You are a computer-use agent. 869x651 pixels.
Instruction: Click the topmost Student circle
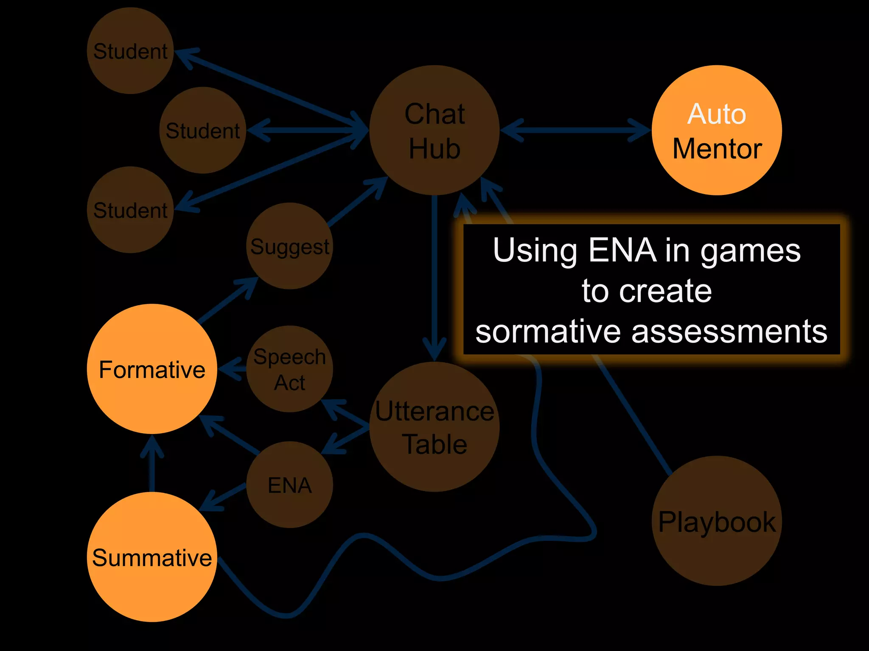(130, 51)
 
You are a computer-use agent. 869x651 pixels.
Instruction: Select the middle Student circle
(203, 130)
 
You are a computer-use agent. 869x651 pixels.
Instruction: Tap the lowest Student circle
(130, 210)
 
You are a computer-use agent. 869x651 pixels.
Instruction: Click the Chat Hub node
(434, 130)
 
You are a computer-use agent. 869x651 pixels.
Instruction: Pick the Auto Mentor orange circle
(717, 130)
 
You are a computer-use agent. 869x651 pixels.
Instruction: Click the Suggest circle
(289, 246)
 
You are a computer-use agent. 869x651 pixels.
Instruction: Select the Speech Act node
(289, 369)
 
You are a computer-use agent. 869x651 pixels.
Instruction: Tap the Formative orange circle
(152, 369)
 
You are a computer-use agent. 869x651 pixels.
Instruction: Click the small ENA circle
(289, 485)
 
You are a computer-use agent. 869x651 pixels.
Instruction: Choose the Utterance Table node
(434, 427)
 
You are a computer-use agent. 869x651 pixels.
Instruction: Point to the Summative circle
(152, 557)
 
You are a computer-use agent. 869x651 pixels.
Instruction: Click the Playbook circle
(717, 521)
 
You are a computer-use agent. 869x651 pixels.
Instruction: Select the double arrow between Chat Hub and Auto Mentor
(575, 130)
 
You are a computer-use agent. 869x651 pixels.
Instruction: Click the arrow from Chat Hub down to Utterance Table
(434, 275)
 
